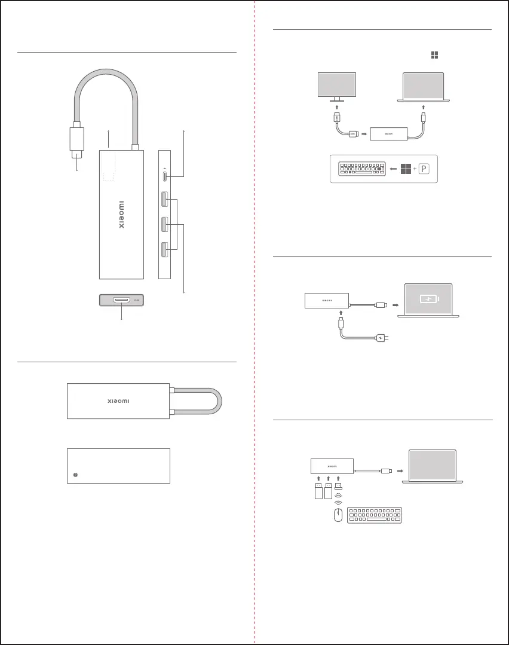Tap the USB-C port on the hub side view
pyautogui.click(x=164, y=176)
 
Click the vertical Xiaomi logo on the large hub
pyautogui.click(x=121, y=215)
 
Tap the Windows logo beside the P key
pyautogui.click(x=406, y=169)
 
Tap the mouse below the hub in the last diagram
pyautogui.click(x=339, y=516)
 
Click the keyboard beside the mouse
pyautogui.click(x=375, y=516)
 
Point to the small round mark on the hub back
pyautogui.click(x=75, y=475)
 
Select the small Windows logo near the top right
pyautogui.click(x=434, y=55)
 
